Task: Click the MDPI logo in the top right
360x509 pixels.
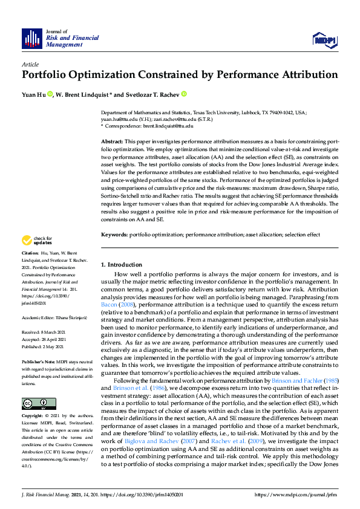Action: tap(324, 39)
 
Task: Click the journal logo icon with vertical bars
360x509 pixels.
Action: tap(31, 38)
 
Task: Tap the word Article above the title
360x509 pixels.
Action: tap(30, 64)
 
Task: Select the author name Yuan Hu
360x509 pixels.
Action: tap(33, 95)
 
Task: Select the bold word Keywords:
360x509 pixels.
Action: tap(114, 235)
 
